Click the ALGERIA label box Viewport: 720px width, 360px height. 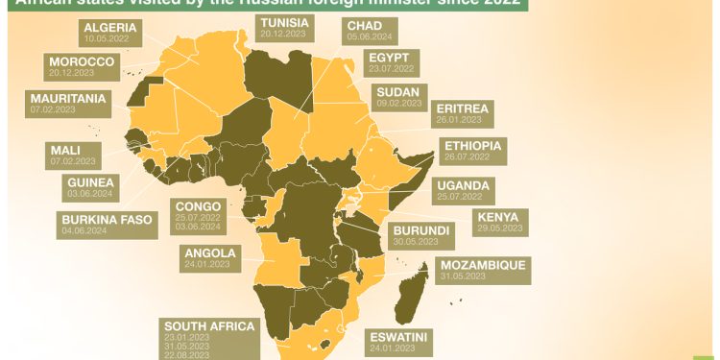109,31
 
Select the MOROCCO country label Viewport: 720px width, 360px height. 82,66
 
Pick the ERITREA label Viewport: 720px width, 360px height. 462,113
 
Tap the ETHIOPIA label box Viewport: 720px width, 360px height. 470,149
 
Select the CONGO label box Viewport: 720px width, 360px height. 198,216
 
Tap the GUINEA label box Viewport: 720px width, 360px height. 91,186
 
